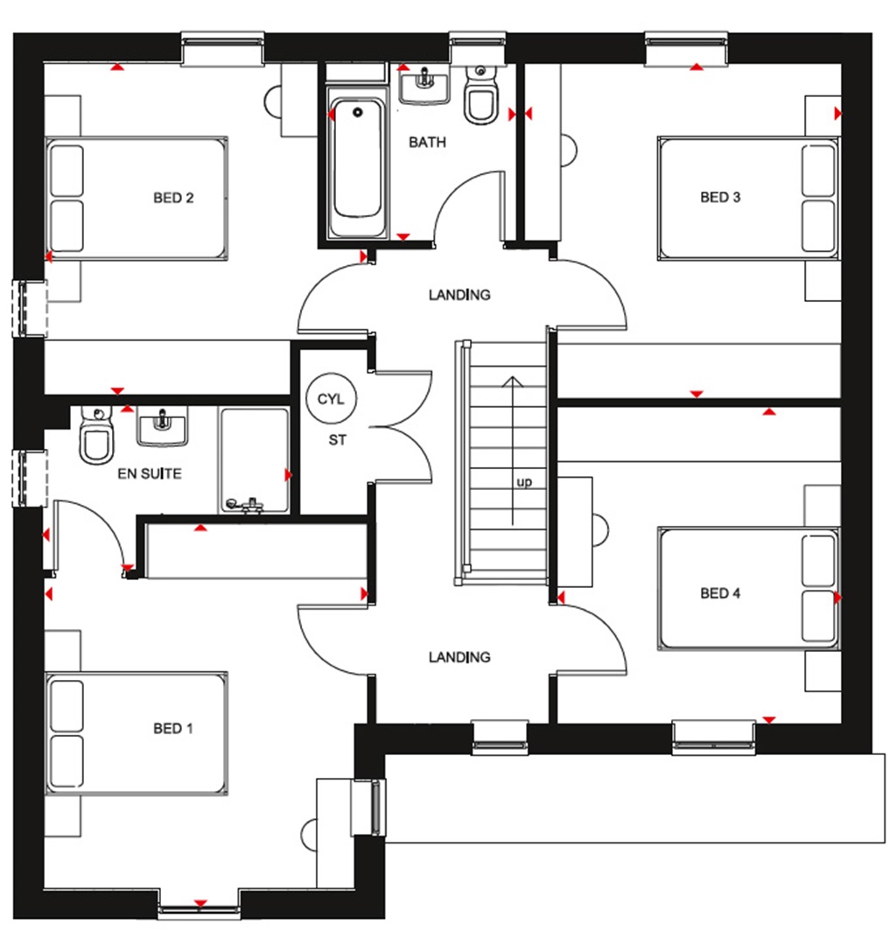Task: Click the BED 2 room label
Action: pos(173,198)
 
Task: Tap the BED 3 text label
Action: pos(720,198)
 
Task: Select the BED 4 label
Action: pos(720,593)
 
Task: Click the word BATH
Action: pos(427,142)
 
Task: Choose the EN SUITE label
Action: pos(150,474)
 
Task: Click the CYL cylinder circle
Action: pos(331,400)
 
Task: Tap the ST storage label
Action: pos(337,440)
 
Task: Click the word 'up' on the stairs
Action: pos(524,481)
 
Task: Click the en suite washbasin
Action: pos(162,427)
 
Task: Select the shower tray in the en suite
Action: pos(254,460)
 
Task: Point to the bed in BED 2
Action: pos(137,198)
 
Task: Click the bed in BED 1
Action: pos(137,733)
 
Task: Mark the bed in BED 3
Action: pos(748,198)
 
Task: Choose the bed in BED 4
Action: pos(748,588)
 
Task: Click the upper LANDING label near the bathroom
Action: pos(459,295)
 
